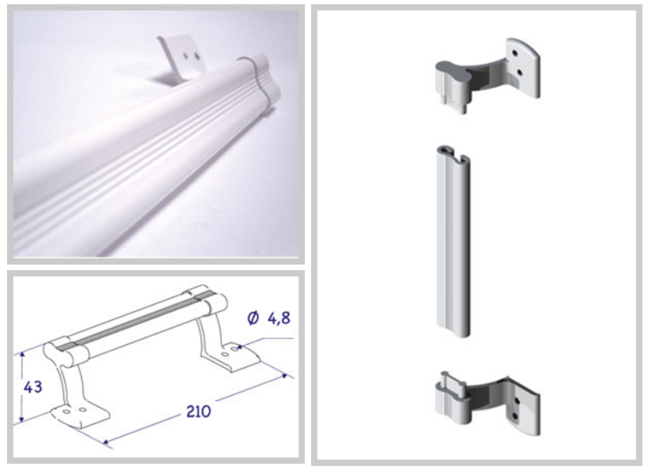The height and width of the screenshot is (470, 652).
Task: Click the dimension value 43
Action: click(x=33, y=387)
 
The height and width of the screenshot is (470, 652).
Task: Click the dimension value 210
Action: click(x=198, y=412)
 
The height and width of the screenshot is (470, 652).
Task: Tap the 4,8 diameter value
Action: click(x=279, y=318)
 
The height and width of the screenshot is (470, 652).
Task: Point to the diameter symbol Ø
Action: click(x=253, y=318)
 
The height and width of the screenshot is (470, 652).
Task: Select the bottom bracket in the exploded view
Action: click(x=487, y=404)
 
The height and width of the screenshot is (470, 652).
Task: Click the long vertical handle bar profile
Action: click(x=453, y=242)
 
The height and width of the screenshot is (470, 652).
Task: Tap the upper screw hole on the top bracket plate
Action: click(x=515, y=53)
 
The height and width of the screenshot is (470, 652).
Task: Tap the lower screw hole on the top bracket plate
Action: click(x=519, y=73)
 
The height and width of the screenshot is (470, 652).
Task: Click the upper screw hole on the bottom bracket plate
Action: click(x=517, y=401)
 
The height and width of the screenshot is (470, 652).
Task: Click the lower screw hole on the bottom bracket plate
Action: click(x=515, y=415)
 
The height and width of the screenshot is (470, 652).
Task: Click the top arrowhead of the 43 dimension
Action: click(x=23, y=354)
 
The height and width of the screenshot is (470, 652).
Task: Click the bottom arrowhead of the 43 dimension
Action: click(x=21, y=419)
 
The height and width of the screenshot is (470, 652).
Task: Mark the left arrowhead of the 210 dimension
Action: click(x=107, y=442)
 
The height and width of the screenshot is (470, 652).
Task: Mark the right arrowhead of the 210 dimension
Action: click(x=284, y=376)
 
